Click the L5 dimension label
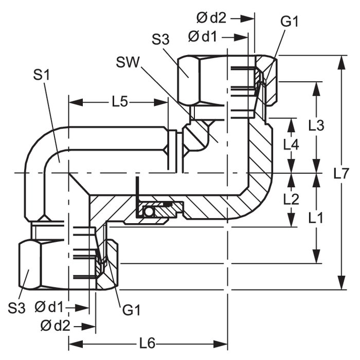(120, 102)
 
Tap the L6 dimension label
(147, 344)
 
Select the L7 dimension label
(341, 173)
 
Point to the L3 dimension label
(316, 125)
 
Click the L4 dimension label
(291, 145)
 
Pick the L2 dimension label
(291, 199)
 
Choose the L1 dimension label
(315, 218)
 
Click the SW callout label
(128, 62)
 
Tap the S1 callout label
(41, 75)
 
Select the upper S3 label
(160, 39)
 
